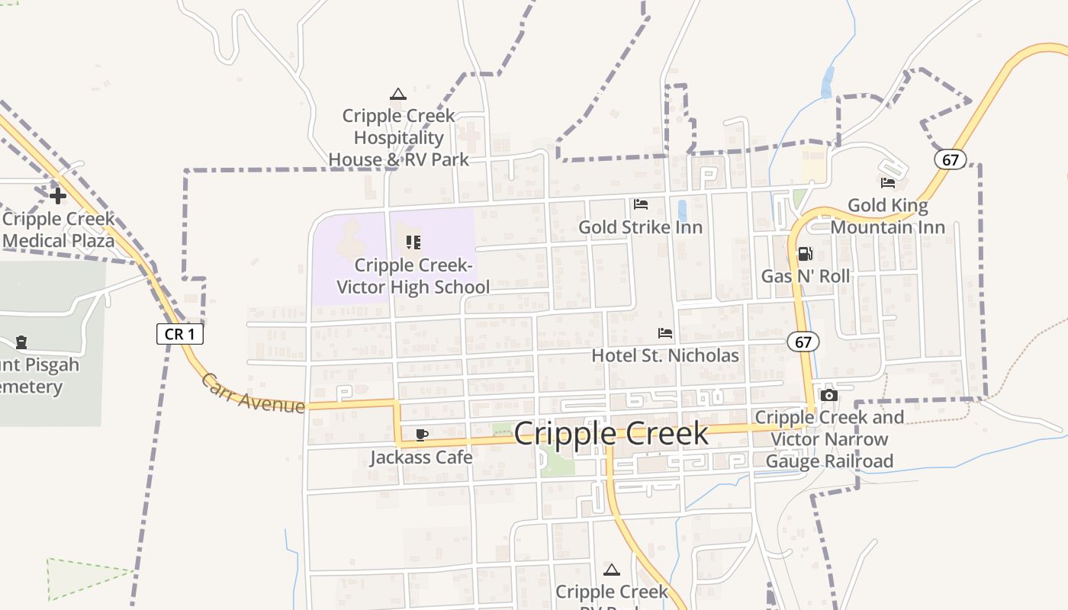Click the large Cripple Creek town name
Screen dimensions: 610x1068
click(611, 434)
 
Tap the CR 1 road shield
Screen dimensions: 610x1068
click(180, 333)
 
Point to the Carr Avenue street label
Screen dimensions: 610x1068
click(253, 393)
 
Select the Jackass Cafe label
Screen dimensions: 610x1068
click(421, 457)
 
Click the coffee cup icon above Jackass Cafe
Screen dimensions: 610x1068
click(421, 435)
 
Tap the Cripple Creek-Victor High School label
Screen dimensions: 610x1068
click(413, 276)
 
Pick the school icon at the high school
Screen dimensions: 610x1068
click(413, 242)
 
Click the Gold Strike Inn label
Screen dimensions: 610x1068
click(640, 227)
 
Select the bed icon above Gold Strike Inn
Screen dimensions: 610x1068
click(641, 204)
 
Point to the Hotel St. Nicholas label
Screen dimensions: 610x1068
click(665, 355)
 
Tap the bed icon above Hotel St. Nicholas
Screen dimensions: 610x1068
click(665, 333)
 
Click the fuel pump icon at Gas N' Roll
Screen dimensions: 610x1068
click(805, 254)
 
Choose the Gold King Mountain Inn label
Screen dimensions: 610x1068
click(888, 216)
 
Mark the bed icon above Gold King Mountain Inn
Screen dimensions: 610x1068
click(888, 183)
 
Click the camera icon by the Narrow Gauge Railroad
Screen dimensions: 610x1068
click(828, 395)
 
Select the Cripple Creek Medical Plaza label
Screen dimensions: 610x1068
click(58, 230)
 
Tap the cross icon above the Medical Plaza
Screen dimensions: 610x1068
click(58, 196)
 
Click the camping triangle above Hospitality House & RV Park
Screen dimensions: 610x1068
click(397, 95)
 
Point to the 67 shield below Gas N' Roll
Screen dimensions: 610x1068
click(803, 342)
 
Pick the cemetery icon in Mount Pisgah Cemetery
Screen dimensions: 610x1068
click(21, 342)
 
